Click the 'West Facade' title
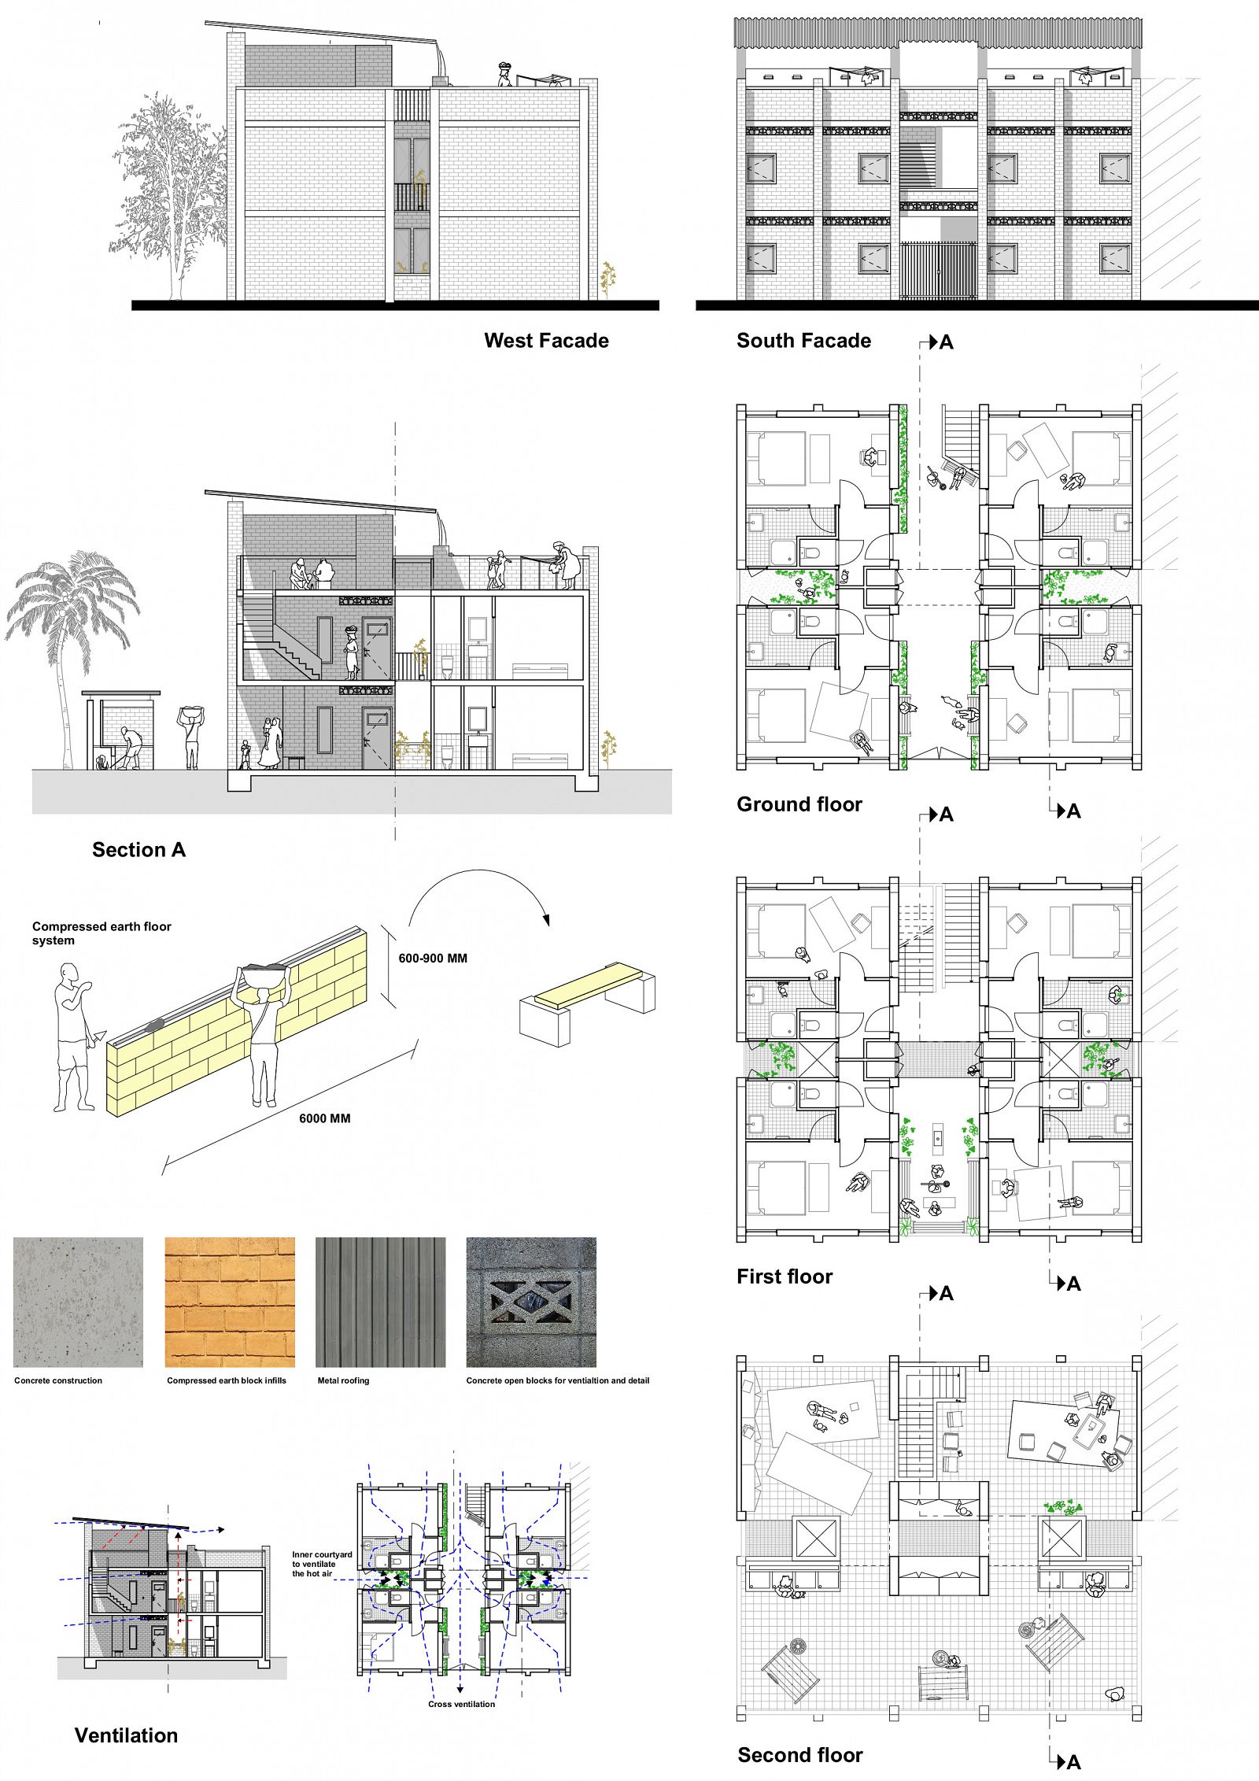point(546,341)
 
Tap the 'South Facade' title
point(803,341)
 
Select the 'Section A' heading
point(138,850)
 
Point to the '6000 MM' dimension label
point(324,1118)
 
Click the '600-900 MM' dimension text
point(433,959)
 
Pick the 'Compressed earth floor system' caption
point(102,933)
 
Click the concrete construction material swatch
point(78,1302)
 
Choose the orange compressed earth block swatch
point(230,1302)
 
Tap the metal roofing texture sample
point(380,1302)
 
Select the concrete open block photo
point(531,1302)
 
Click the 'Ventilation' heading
point(126,1735)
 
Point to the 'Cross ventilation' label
point(462,1704)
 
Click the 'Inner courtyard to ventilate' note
point(322,1565)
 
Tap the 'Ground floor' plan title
point(799,804)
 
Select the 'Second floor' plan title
point(800,1755)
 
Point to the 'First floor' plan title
point(785,1277)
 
